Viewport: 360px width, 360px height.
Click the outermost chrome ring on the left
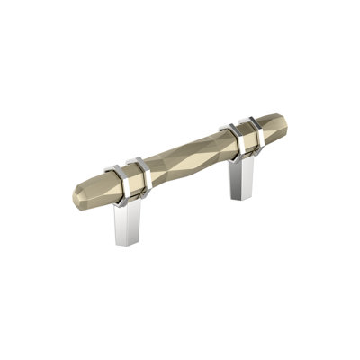click(116, 175)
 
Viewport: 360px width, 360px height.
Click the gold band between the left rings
click(128, 173)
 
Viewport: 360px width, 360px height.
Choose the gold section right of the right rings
click(269, 126)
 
